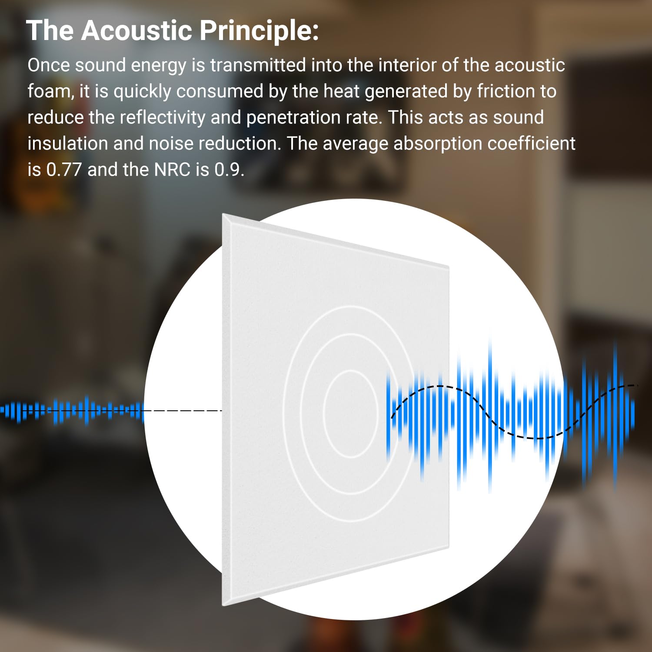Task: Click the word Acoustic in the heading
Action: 136,30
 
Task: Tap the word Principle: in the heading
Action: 259,31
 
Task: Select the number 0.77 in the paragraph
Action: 64,170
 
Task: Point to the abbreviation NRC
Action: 172,170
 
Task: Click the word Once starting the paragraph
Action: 49,65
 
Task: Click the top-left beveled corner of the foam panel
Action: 223,214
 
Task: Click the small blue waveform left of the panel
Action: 72,410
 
